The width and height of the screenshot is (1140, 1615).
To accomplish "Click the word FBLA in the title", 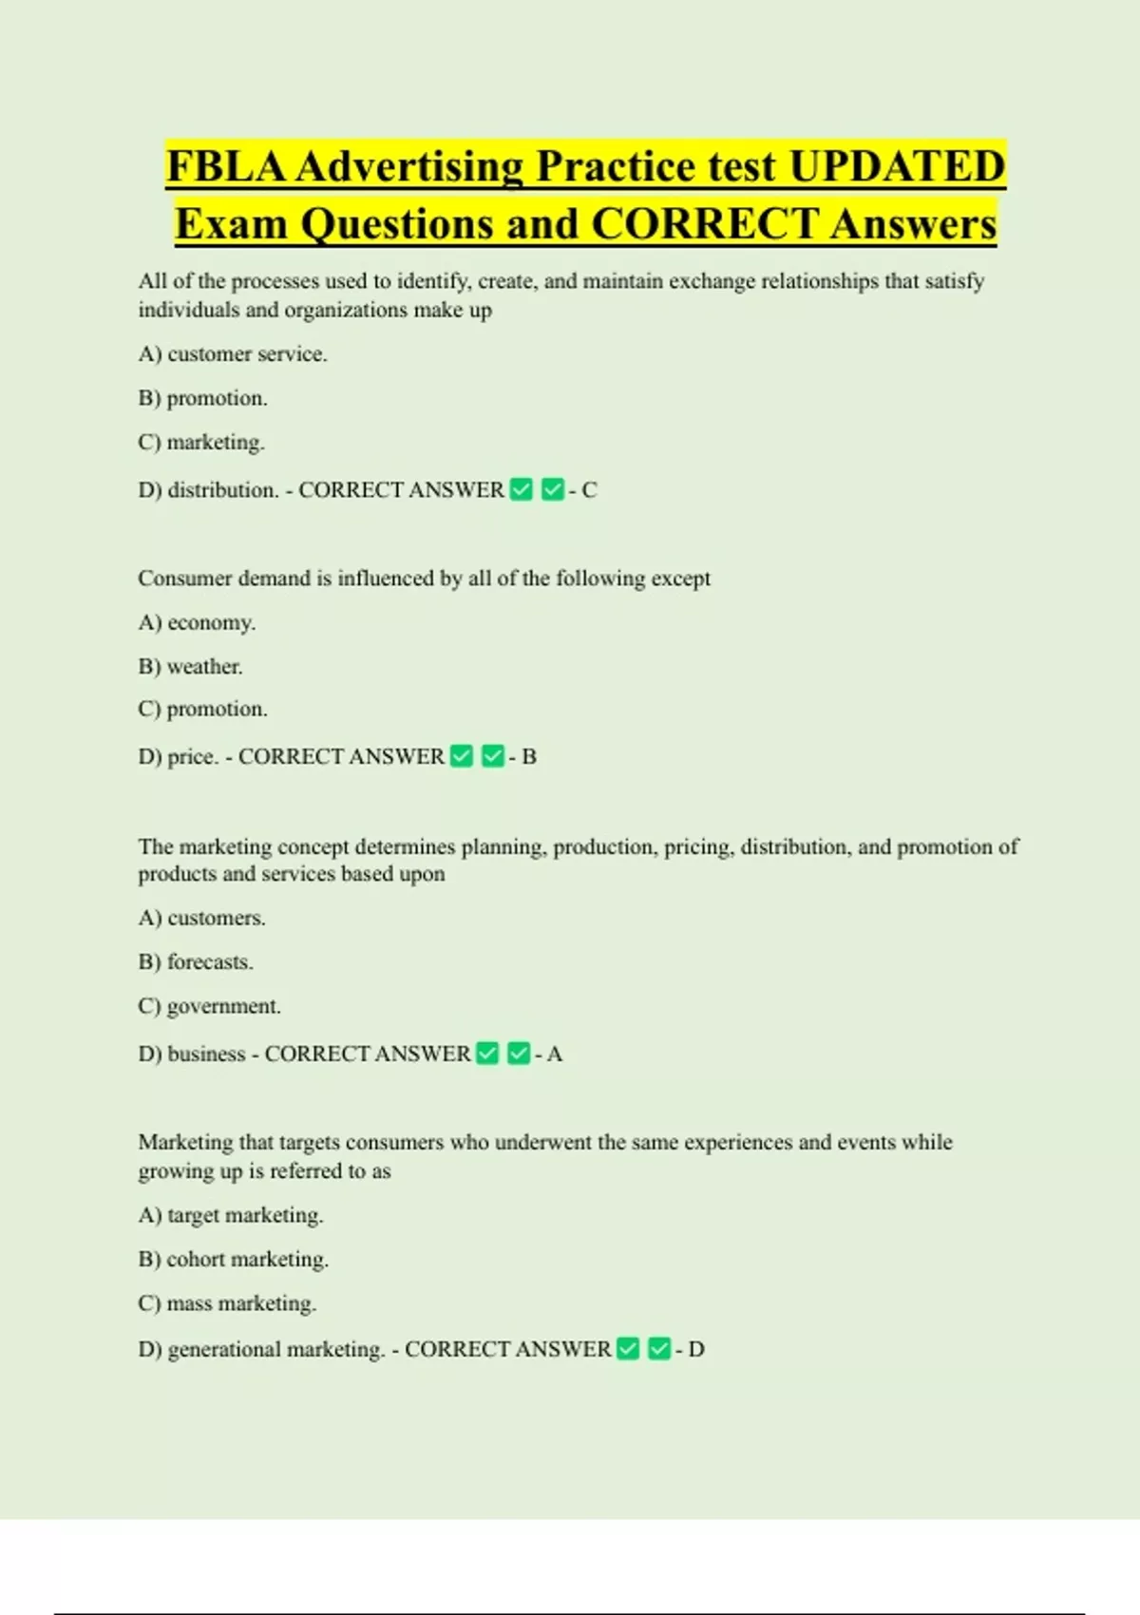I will click(226, 166).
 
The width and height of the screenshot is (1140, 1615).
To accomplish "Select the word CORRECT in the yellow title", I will click(704, 224).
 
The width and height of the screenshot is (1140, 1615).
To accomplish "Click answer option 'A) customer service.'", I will click(233, 354).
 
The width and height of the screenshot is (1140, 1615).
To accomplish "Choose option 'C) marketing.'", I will click(201, 443).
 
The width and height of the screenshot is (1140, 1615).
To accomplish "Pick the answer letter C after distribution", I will click(589, 490).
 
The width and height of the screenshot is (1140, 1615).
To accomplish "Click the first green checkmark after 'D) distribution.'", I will click(522, 490).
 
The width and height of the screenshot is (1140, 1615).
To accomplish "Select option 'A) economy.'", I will click(197, 623).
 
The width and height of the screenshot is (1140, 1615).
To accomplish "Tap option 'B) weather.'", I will click(190, 667).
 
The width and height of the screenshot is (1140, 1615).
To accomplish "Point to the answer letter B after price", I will click(529, 757).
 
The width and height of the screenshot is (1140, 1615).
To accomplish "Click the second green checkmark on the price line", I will click(493, 757).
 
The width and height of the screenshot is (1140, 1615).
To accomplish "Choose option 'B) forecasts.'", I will click(196, 962).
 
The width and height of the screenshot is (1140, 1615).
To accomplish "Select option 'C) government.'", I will click(209, 1007).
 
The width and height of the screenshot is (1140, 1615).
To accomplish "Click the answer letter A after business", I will click(555, 1054).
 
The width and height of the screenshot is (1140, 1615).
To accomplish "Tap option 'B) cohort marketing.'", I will click(233, 1260).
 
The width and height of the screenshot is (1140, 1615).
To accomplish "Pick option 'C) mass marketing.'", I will click(227, 1304).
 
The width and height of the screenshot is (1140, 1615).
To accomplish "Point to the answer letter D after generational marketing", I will click(696, 1350).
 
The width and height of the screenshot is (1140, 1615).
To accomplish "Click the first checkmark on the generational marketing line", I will click(628, 1350).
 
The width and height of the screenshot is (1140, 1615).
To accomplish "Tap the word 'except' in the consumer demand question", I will click(680, 579).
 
